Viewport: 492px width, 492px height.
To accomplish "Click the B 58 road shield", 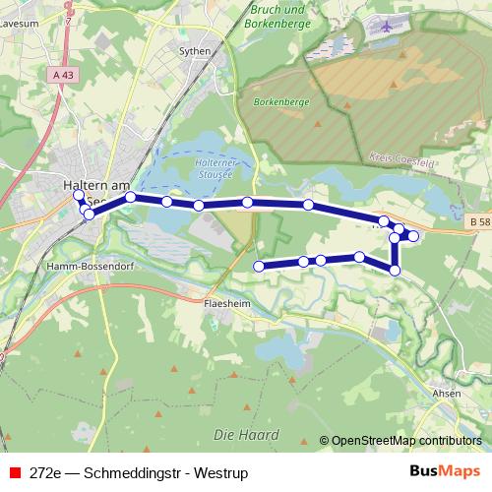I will [479, 224].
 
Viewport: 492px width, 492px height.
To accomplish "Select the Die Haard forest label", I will [246, 434].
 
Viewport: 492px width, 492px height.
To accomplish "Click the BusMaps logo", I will [445, 471].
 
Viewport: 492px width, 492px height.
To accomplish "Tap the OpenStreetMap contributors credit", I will [406, 441].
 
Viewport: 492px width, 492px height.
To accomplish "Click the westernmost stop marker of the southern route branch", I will [259, 267].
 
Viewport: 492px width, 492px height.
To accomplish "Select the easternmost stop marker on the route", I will [413, 236].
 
